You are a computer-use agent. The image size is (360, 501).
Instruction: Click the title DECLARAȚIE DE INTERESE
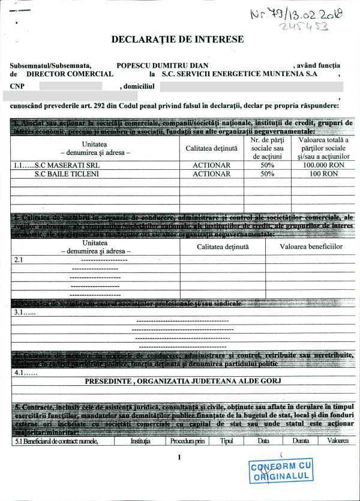pos(178,40)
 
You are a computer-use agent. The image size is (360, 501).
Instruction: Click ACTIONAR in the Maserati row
pos(211,164)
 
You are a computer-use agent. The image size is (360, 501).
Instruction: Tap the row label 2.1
pos(18,260)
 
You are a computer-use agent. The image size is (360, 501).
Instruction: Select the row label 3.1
pos(25,312)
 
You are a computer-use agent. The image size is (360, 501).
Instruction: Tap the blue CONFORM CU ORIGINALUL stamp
pos(281,470)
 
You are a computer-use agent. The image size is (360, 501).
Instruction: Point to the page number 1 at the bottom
pos(179,458)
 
